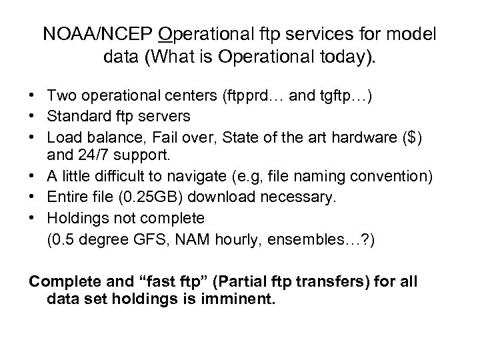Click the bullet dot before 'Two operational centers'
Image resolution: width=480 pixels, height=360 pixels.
33,97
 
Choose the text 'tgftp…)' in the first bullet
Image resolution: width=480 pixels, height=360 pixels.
349,97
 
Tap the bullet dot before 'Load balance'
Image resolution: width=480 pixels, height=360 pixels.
33,136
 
